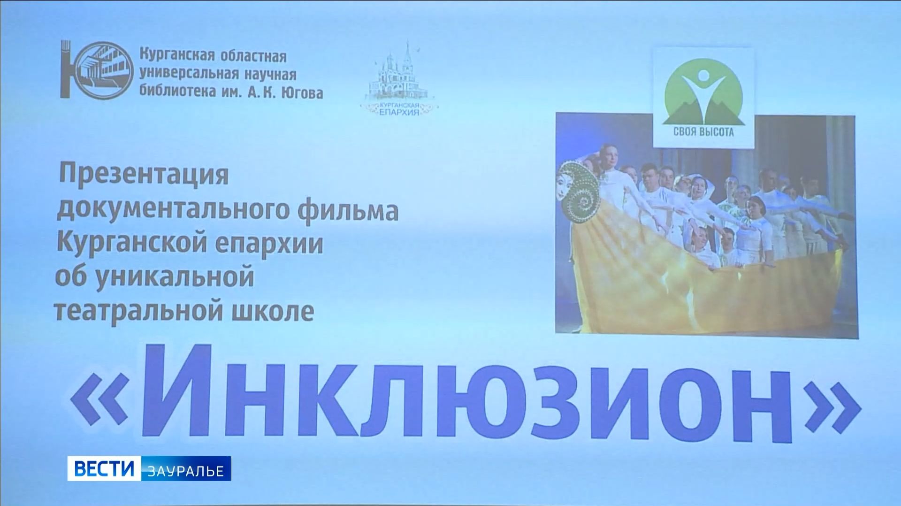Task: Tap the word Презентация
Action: pyautogui.click(x=143, y=175)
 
